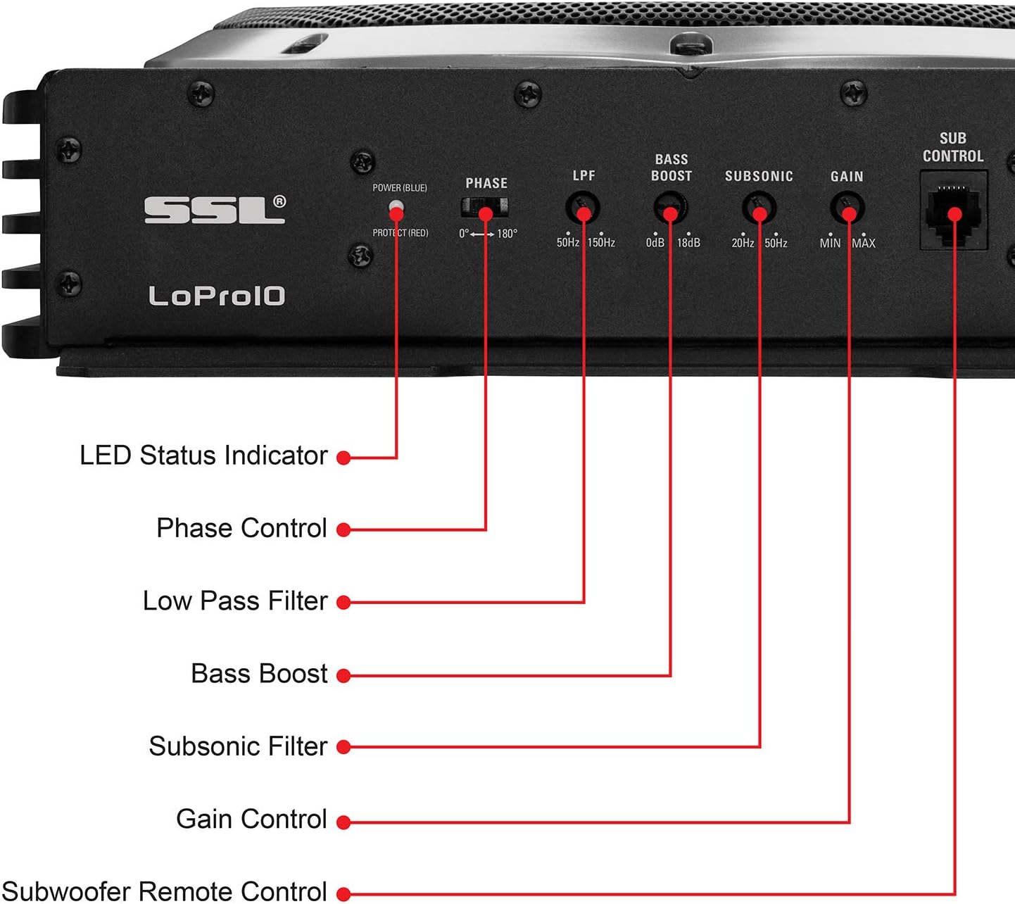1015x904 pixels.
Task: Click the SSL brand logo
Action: [215, 210]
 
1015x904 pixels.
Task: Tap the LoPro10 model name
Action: [217, 296]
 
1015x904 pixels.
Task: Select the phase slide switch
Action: [484, 208]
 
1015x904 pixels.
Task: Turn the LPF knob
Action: [583, 209]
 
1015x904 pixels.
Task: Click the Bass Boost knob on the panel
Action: [670, 210]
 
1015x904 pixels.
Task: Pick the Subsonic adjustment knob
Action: [759, 209]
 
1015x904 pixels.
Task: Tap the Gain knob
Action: [847, 209]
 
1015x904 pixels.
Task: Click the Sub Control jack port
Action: [954, 211]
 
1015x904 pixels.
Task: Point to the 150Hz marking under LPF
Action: [601, 243]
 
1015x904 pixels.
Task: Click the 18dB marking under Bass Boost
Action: [688, 243]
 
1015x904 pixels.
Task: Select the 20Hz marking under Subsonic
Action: [743, 243]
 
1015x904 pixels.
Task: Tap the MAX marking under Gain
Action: [864, 243]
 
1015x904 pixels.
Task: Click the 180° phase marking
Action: [507, 234]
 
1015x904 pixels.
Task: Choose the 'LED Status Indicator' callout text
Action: [203, 456]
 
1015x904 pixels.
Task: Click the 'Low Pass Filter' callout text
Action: [235, 601]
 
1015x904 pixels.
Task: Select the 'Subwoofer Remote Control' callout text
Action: [165, 891]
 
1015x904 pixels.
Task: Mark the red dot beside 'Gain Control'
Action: [343, 822]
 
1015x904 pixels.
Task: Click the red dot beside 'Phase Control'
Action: [343, 530]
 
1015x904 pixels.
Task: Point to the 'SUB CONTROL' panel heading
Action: [953, 147]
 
